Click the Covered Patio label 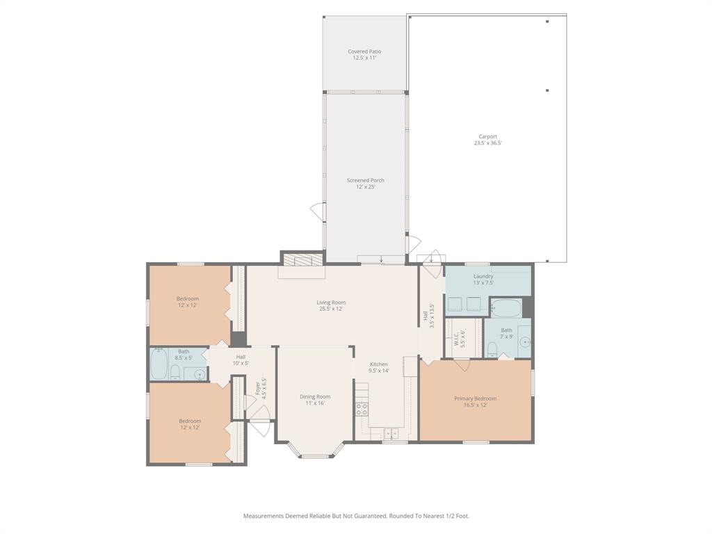(364, 51)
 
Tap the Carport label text (487, 137)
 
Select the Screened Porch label (366, 181)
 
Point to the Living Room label (331, 302)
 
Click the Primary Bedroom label (475, 398)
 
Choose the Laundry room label (483, 277)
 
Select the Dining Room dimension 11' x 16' (315, 403)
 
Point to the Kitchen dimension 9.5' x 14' (379, 371)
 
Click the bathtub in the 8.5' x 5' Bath (159, 365)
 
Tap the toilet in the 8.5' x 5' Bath (176, 373)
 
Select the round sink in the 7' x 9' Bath (525, 342)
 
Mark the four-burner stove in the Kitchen (362, 409)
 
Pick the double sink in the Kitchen (392, 433)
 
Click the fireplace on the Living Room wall (302, 261)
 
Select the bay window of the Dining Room (316, 451)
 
